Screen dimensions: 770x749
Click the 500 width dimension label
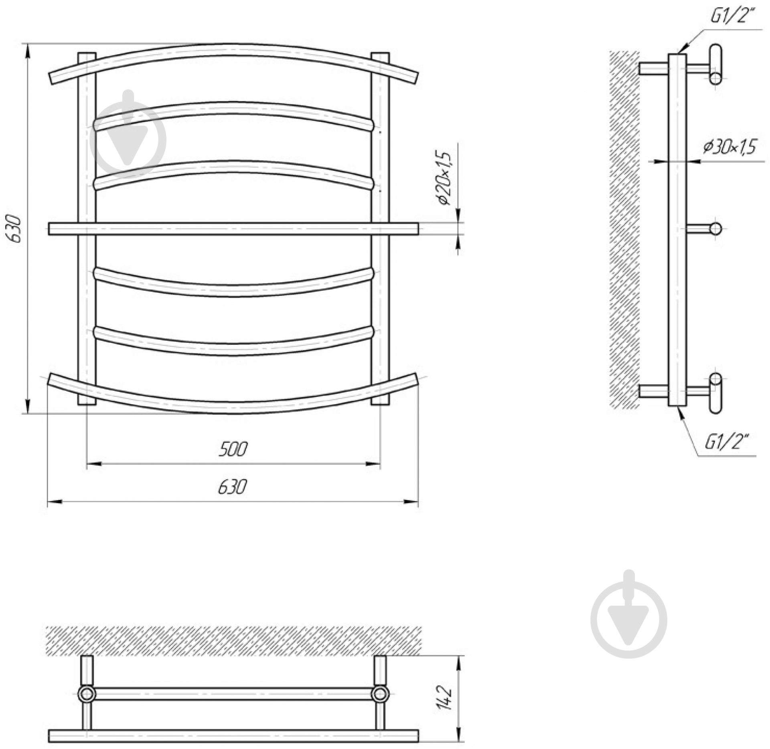pos(233,449)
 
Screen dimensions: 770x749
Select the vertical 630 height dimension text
pos(15,229)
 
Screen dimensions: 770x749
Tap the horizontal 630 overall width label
pos(233,487)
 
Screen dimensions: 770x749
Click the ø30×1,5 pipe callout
pos(729,147)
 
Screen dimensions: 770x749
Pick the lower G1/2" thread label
pos(726,444)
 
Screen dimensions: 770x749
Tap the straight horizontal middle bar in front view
pos(233,229)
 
